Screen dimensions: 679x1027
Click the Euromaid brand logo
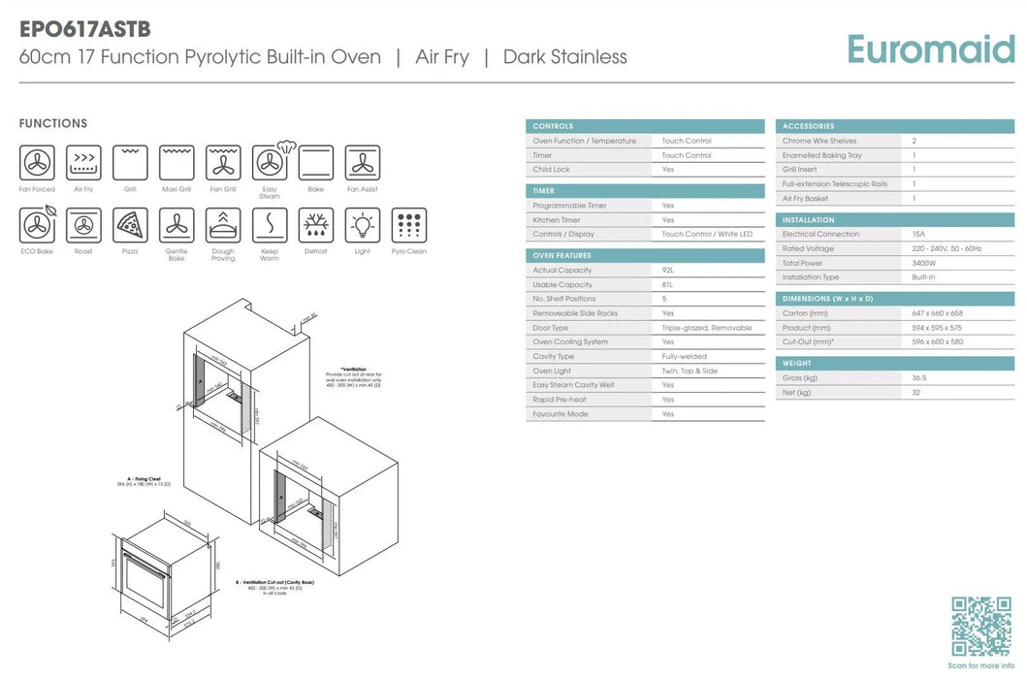[x=930, y=49]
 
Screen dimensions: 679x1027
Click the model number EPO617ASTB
[x=84, y=29]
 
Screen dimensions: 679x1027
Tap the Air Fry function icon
[x=83, y=163]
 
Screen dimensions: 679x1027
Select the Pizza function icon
[x=130, y=225]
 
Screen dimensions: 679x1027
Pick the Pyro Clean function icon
[x=408, y=225]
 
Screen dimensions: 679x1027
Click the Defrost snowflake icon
[x=315, y=225]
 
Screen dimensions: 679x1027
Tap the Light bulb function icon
[x=362, y=225]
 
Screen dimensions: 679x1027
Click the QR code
[x=981, y=626]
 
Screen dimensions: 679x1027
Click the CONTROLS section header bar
[x=645, y=126]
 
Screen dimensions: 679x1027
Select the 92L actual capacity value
[x=667, y=271]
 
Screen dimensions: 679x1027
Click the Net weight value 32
[x=915, y=393]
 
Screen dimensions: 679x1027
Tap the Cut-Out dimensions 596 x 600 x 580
[x=938, y=341]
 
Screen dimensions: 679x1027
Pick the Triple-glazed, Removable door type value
[x=706, y=328]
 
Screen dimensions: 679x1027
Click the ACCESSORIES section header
[x=894, y=126]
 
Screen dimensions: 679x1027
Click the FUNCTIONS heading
[x=53, y=123]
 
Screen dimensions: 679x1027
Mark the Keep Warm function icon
[x=270, y=225]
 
